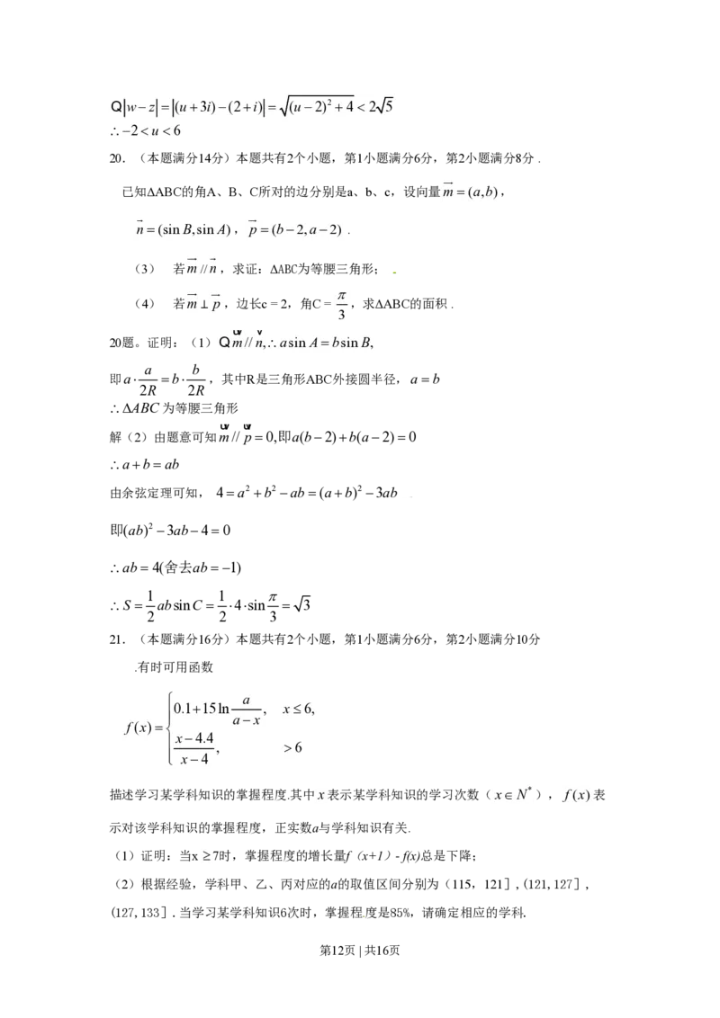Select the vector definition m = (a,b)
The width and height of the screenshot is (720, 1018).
point(471,192)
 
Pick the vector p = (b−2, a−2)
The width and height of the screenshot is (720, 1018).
point(295,229)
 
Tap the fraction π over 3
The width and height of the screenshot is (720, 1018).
point(341,304)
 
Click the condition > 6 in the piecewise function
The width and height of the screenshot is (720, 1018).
point(292,748)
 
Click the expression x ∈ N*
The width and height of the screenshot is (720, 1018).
point(513,794)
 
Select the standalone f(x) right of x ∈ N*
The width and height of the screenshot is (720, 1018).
point(575,795)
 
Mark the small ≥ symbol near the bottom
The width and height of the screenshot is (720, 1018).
point(205,855)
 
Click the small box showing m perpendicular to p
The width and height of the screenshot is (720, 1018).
point(205,303)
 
